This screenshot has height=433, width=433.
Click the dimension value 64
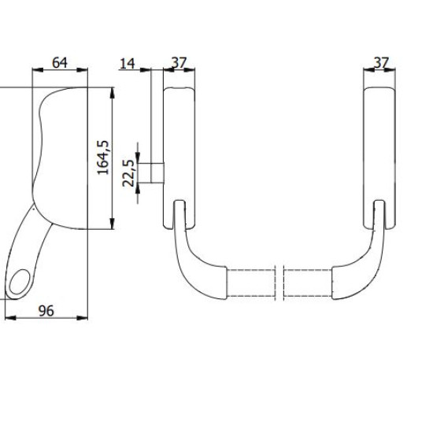pyautogui.click(x=60, y=63)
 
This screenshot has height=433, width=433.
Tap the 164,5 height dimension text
pyautogui.click(x=103, y=157)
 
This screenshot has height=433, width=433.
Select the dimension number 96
pyautogui.click(x=46, y=311)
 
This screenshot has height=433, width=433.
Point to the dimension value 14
pyautogui.click(x=128, y=64)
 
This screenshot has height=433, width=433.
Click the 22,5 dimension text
pyautogui.click(x=128, y=173)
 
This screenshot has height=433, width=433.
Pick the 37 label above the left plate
pyautogui.click(x=179, y=63)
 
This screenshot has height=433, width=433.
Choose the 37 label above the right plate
pyautogui.click(x=381, y=63)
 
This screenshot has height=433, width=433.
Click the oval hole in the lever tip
pyautogui.click(x=20, y=282)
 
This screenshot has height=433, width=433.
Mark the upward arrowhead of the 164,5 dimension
pyautogui.click(x=112, y=93)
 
